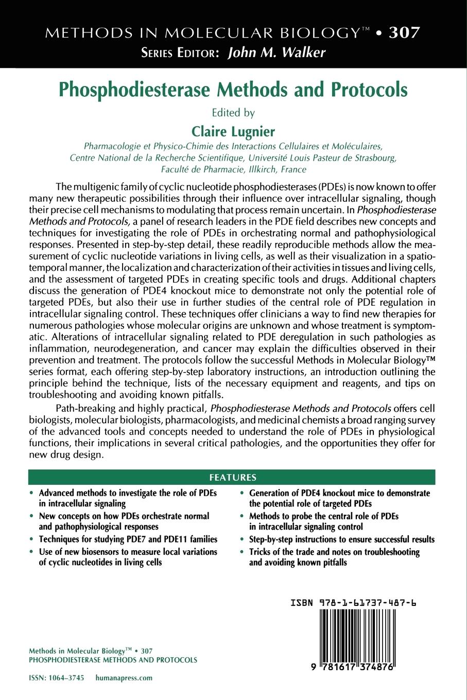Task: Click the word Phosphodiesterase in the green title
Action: point(136,89)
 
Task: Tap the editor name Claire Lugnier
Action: point(233,131)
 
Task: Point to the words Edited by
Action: point(233,112)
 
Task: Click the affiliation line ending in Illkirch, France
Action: point(233,169)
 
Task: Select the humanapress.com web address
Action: point(124,678)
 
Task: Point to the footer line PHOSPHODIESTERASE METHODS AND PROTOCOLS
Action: point(113,660)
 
